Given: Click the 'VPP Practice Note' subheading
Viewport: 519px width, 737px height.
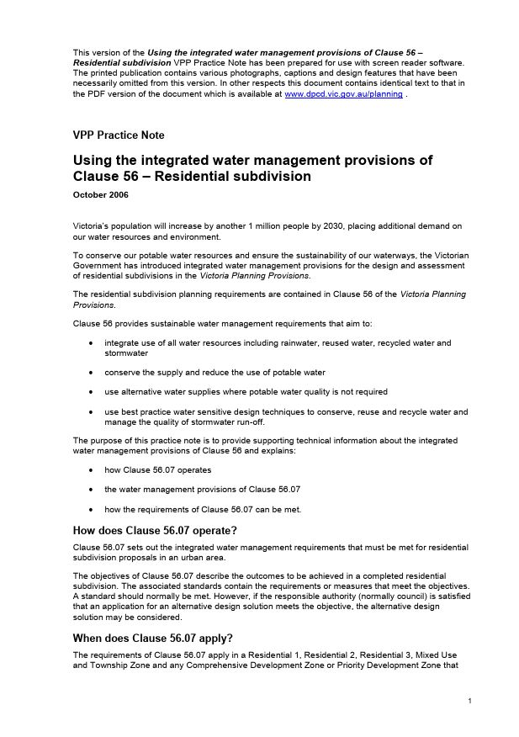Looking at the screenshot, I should [119, 135].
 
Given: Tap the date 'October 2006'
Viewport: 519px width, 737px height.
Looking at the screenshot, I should [100, 195].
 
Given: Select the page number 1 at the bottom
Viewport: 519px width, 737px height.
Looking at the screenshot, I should [469, 701].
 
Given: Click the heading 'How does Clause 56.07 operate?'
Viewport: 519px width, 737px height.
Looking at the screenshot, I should [155, 530].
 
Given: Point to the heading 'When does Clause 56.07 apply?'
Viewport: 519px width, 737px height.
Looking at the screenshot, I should [152, 638].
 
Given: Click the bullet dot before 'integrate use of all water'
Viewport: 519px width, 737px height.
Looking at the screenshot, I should [91, 343].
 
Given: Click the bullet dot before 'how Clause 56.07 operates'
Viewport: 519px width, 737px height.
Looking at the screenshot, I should [91, 470].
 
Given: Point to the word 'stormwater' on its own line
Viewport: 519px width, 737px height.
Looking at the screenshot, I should [126, 353].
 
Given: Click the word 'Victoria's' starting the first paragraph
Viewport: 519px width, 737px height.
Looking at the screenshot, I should [93, 226].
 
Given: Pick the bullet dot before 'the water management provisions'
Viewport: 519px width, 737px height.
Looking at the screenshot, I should [91, 490].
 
